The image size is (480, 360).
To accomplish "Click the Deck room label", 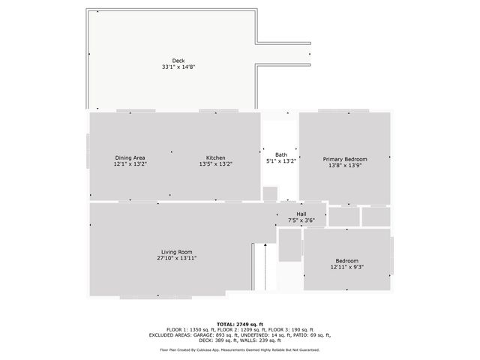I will [x=178, y=61].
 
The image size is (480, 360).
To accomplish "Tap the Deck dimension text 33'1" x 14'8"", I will [x=178, y=67].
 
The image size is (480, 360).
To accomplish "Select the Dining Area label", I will [x=130, y=157].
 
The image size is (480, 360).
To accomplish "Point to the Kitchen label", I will [x=216, y=157].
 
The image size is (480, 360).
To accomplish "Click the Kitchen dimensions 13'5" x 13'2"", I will [x=216, y=163].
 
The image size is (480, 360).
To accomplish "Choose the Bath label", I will [x=280, y=154].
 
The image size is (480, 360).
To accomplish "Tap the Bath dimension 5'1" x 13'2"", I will [x=280, y=160].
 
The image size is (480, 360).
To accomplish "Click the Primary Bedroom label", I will [x=345, y=159].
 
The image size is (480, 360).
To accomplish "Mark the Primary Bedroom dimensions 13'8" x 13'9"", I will [x=345, y=165].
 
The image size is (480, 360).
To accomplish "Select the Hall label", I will [x=301, y=214].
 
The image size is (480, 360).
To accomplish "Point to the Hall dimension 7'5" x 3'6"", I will [x=301, y=220].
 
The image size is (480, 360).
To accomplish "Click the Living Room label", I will [x=176, y=251].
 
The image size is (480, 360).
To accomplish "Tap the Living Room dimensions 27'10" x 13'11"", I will [x=176, y=257].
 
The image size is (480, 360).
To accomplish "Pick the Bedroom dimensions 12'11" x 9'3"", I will [x=346, y=267].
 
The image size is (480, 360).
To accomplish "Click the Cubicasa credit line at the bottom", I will [x=239, y=349].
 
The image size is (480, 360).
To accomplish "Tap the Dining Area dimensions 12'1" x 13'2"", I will [x=130, y=163].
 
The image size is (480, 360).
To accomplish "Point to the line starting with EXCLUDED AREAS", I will [x=239, y=334].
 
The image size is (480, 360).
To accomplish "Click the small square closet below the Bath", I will [x=270, y=194].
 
